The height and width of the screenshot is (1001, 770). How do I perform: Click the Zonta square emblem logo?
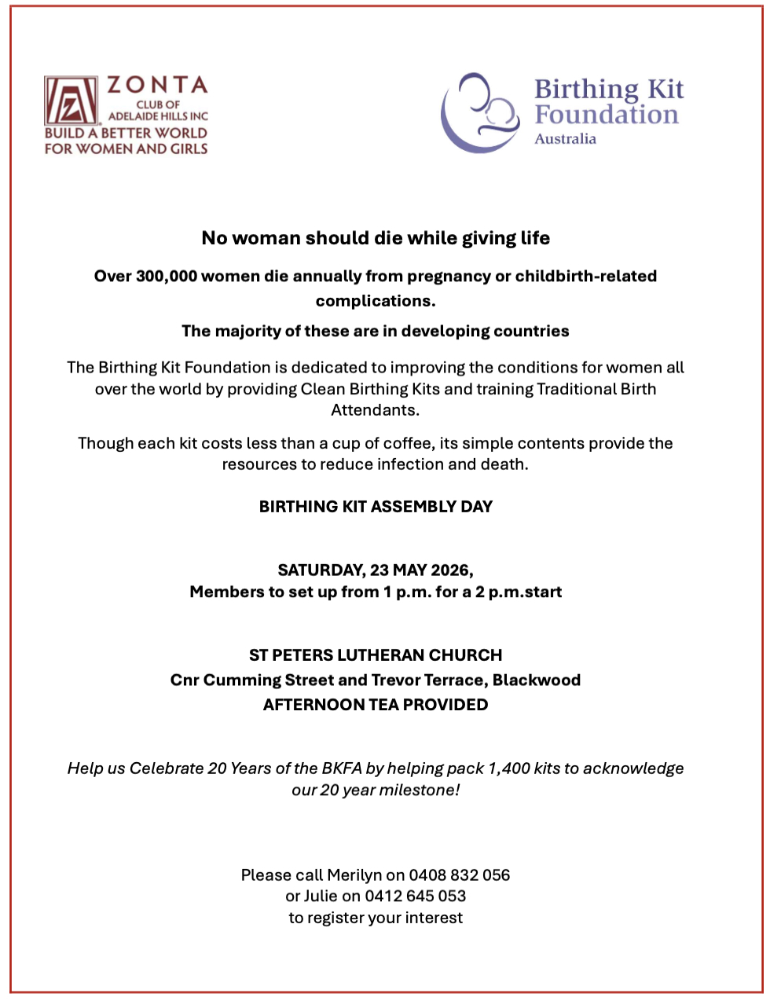(x=71, y=101)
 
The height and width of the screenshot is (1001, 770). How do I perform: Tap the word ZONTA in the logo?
(x=157, y=85)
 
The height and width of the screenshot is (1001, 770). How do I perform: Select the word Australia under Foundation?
(x=565, y=139)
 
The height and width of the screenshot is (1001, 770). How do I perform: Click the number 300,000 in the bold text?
(x=167, y=277)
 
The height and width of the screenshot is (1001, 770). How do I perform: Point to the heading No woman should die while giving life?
(x=376, y=238)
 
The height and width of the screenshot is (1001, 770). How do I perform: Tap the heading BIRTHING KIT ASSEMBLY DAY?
(x=376, y=507)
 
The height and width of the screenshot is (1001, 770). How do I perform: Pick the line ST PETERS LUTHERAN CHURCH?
(x=376, y=655)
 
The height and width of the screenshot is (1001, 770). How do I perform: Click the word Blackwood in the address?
(x=537, y=680)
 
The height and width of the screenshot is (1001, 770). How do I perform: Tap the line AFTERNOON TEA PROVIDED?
(x=376, y=705)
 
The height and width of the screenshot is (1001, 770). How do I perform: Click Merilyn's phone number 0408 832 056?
(x=459, y=875)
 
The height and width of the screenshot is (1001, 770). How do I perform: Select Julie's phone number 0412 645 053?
(x=415, y=896)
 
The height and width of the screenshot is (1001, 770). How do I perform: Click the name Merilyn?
(x=354, y=875)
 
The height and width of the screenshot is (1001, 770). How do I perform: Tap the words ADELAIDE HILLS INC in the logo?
(x=158, y=116)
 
